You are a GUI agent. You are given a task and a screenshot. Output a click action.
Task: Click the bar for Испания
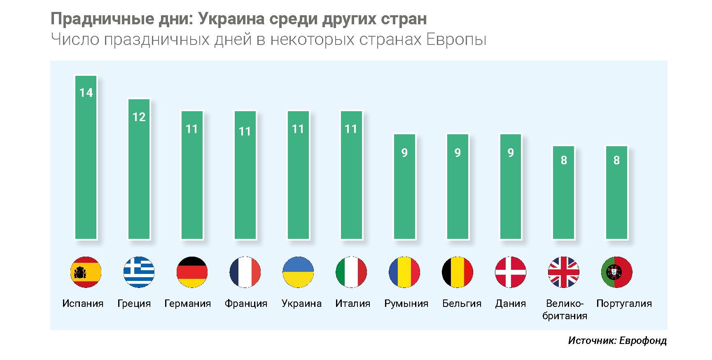tap(86, 165)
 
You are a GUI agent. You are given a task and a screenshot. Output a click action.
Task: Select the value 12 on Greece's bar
tap(139, 117)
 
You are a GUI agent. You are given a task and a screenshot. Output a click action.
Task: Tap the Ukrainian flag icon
tap(298, 272)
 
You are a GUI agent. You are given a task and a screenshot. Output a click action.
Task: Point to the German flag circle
tap(192, 272)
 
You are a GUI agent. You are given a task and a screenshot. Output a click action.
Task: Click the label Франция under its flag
tap(246, 304)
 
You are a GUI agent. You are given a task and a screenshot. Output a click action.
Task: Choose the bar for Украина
tap(298, 181)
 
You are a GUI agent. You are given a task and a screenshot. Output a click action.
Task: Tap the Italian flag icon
tap(351, 272)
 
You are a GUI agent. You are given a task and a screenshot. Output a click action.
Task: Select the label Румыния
tap(406, 304)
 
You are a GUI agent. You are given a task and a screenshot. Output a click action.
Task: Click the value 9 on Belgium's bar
tap(458, 153)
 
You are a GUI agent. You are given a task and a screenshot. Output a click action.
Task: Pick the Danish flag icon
tap(511, 272)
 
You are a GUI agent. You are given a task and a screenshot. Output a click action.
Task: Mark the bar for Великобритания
tap(564, 198)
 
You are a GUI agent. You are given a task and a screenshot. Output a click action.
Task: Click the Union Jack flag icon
tap(564, 272)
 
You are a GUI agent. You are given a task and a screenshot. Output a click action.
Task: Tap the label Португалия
tap(624, 304)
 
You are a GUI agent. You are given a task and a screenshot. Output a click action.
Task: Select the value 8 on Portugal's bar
tap(616, 160)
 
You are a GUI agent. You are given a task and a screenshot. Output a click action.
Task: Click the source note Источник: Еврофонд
tap(617, 341)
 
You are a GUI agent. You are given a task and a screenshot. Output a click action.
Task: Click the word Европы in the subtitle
tap(456, 40)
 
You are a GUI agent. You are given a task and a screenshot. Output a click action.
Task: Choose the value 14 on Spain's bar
tap(86, 93)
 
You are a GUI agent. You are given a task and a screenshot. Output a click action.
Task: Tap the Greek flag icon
tap(139, 272)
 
